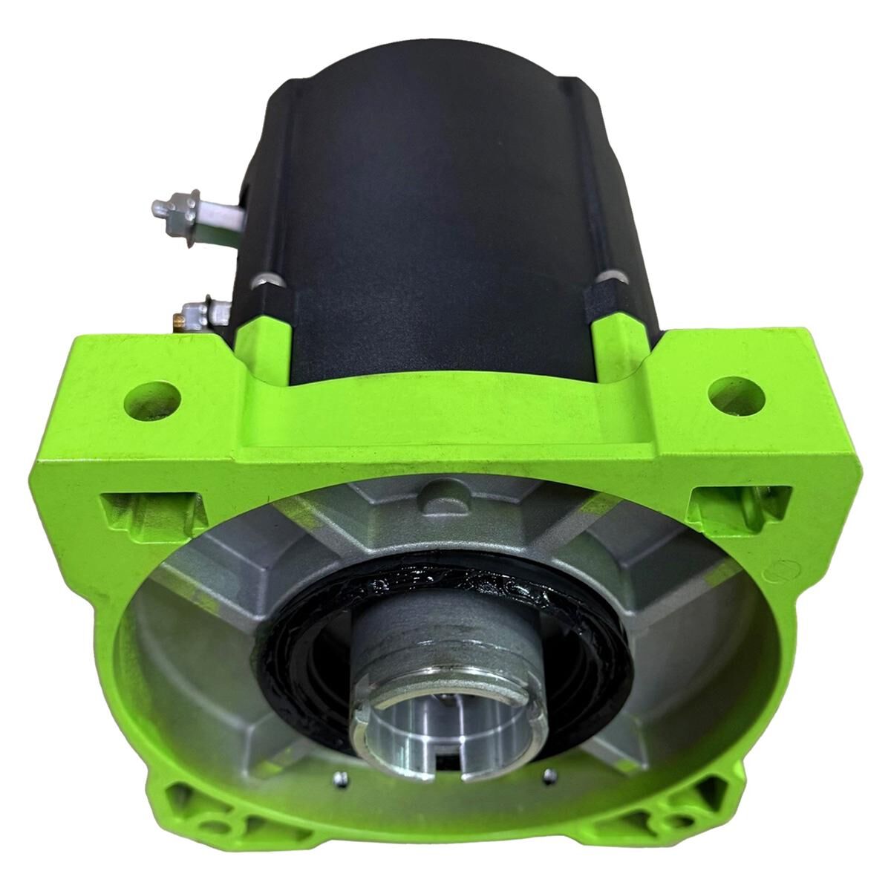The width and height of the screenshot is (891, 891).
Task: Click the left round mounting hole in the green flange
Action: (x=154, y=395)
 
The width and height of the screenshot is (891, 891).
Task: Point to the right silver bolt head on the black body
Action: (x=609, y=278)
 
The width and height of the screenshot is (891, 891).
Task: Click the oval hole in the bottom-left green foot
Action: (x=221, y=825)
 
